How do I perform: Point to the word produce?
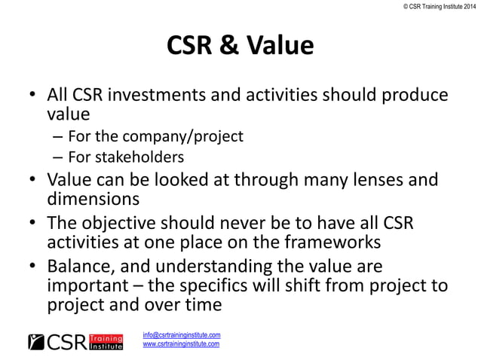(x=416, y=97)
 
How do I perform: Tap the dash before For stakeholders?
(x=57, y=157)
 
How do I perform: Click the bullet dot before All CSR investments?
(x=31, y=98)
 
